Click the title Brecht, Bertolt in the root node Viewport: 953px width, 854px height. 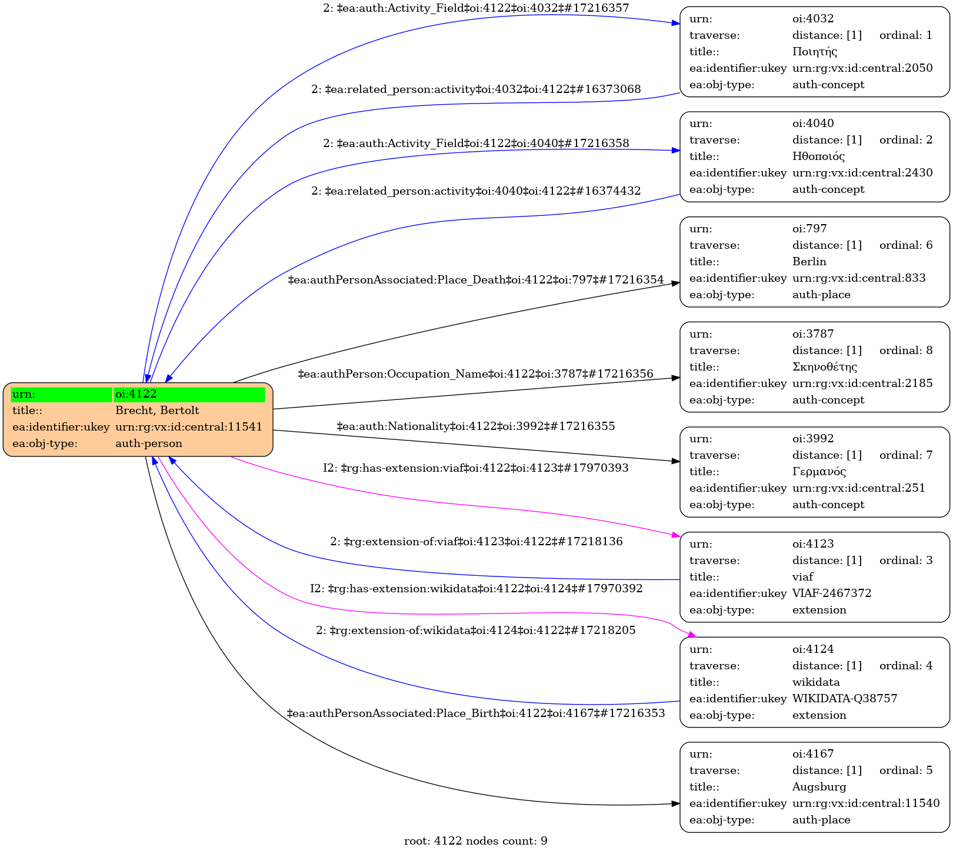pyautogui.click(x=157, y=411)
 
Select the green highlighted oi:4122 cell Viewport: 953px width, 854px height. pyautogui.click(x=189, y=394)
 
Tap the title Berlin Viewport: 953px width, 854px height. pyautogui.click(x=809, y=262)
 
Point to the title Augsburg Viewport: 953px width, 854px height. pyautogui.click(x=819, y=787)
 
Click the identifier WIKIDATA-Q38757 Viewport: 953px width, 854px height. pyautogui.click(x=844, y=699)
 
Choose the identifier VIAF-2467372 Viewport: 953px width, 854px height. pyautogui.click(x=831, y=593)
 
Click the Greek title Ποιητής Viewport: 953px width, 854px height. pyautogui.click(x=814, y=52)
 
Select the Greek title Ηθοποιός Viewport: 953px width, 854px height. pyautogui.click(x=818, y=156)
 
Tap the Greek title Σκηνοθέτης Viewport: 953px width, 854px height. pyautogui.click(x=824, y=367)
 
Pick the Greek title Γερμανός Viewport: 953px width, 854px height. pyautogui.click(x=819, y=472)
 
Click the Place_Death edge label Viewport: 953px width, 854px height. pyautogui.click(x=475, y=280)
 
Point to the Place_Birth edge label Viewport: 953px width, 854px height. pyautogui.click(x=475, y=713)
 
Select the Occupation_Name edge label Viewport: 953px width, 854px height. pyautogui.click(x=475, y=374)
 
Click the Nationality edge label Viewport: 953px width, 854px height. pyautogui.click(x=475, y=426)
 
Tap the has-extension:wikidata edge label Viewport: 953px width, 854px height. pyautogui.click(x=476, y=589)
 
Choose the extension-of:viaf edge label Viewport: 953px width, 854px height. pyautogui.click(x=476, y=542)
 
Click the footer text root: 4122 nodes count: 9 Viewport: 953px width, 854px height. pyautogui.click(x=475, y=841)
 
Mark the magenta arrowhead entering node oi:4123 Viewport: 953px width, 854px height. pyautogui.click(x=676, y=535)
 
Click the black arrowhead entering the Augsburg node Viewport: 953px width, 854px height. pyautogui.click(x=676, y=804)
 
